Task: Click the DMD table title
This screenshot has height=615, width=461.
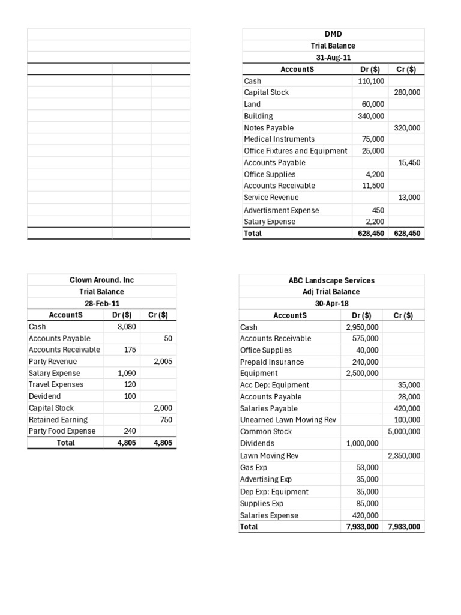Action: pos(333,34)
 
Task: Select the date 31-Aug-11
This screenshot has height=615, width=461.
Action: pos(333,58)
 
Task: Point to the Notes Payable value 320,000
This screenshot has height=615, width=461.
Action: pos(407,128)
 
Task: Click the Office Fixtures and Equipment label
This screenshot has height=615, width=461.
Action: pos(295,151)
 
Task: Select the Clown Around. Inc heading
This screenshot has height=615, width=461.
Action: pos(101,280)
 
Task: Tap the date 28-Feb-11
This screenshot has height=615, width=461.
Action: pos(101,304)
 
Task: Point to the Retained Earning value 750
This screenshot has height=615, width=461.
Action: pos(166,420)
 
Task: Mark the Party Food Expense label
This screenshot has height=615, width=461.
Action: pos(62,431)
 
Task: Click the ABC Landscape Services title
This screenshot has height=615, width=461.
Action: pos(331,280)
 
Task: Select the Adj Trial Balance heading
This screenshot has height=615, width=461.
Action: pos(331,292)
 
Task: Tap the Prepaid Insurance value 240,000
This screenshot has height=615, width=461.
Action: pos(365,362)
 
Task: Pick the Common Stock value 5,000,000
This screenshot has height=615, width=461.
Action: pos(403,432)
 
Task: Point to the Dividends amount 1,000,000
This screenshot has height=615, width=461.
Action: pos(362,443)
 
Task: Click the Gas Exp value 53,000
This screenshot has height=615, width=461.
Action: pos(367,467)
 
